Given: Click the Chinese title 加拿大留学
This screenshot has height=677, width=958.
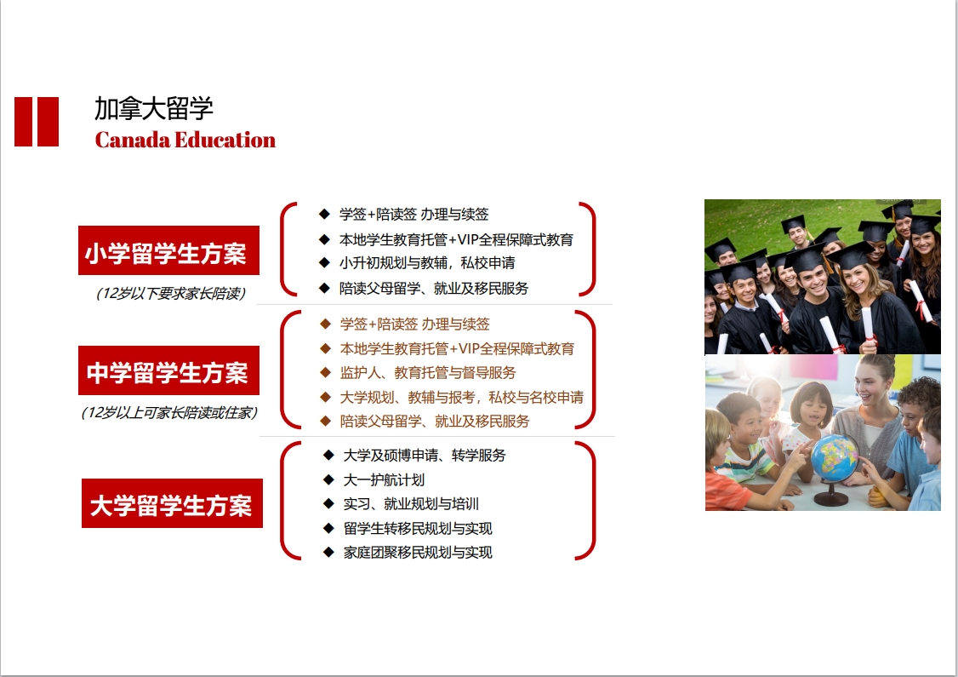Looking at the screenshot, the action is (153, 109).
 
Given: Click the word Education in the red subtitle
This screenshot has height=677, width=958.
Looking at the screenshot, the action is (225, 140).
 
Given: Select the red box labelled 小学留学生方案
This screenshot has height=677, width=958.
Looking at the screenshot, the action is (168, 250).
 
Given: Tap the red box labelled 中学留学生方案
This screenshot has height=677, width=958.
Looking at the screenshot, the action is (168, 370).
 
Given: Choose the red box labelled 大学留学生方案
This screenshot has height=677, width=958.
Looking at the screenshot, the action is (173, 502).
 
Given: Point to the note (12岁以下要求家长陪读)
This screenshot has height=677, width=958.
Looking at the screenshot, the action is (170, 294).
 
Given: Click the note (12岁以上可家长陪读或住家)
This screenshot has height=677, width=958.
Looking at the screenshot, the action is (169, 413).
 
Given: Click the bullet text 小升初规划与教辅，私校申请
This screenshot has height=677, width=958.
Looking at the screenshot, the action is (427, 263).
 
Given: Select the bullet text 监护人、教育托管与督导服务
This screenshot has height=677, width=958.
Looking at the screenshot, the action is (428, 372).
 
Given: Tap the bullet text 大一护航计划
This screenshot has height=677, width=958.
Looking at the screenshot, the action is (384, 479).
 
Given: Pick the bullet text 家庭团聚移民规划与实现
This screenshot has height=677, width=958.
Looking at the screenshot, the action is (417, 552).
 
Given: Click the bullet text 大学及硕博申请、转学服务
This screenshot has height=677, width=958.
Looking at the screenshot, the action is (425, 455).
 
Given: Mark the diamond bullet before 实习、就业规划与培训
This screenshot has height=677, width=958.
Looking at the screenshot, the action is (328, 504).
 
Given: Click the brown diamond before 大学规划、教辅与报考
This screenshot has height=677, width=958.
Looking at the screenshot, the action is (326, 397).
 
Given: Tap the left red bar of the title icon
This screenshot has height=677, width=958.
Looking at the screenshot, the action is (23, 122).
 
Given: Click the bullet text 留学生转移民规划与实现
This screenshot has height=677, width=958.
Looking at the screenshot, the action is (417, 528).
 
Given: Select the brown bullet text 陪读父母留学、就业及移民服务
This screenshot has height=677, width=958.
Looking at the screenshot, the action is (435, 421).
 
